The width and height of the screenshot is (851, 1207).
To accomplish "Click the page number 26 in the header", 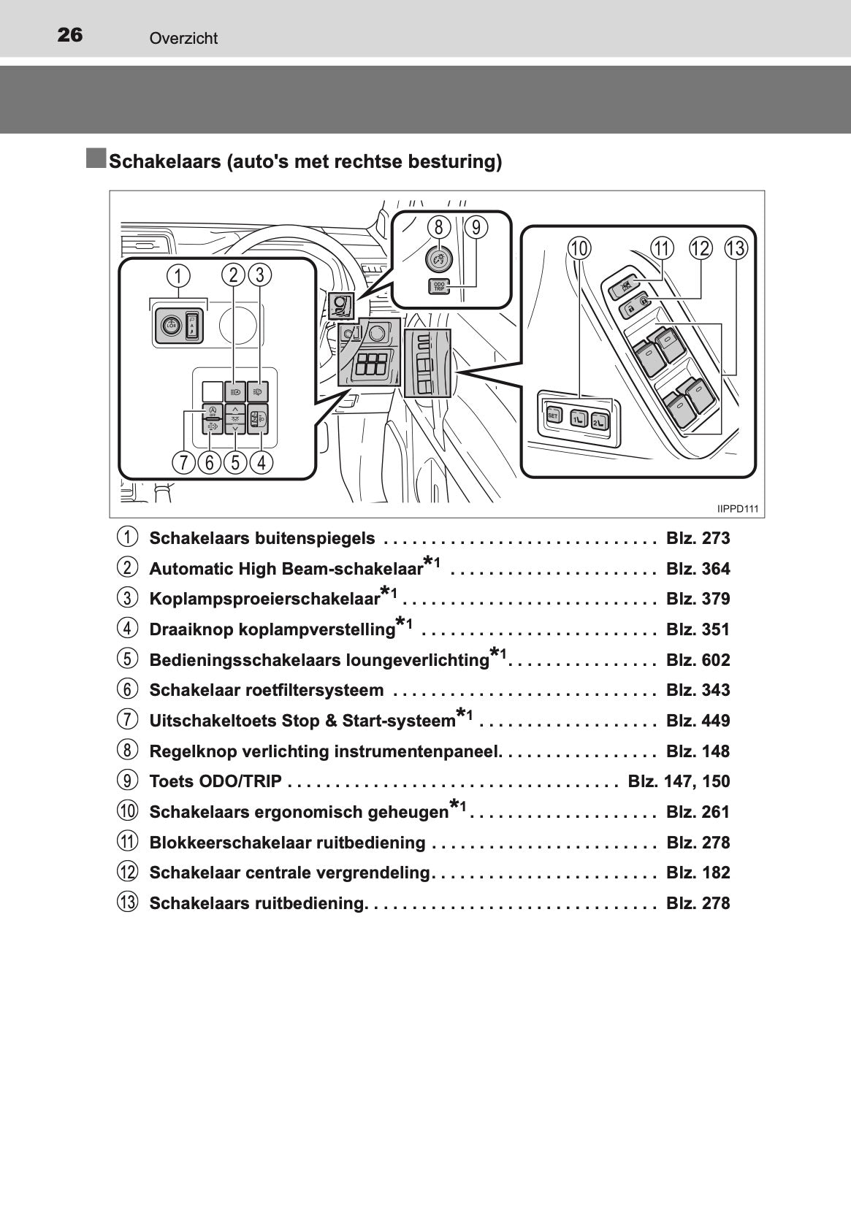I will coord(70,35).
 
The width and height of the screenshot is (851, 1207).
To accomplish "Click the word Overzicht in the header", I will coord(183,39).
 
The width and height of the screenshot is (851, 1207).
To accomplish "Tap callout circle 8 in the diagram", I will coord(438,228).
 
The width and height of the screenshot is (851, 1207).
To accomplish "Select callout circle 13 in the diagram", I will coord(736,248).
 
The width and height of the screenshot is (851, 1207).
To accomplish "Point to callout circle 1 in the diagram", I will coord(178,276).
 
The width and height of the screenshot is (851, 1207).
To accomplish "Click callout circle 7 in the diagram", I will coord(183,462).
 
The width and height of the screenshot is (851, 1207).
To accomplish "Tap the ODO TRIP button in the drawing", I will coord(439,286).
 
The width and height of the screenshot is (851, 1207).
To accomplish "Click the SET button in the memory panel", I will coord(553,415).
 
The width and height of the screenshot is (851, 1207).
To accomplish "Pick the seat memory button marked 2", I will coord(599,421).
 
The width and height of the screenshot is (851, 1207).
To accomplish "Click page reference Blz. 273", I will coord(698,539).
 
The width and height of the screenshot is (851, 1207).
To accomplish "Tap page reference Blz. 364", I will coord(698,570).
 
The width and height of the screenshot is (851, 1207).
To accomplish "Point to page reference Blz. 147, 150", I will coord(679,782).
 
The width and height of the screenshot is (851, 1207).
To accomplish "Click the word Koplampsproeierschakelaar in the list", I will coord(264,599).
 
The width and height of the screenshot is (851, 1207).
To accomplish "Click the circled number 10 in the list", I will coord(127,811).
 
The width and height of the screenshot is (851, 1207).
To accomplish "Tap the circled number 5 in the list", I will coord(127,659).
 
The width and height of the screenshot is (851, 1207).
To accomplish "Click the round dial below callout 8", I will coord(438,259).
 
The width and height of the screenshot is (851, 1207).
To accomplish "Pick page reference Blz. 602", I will coord(698,661).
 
